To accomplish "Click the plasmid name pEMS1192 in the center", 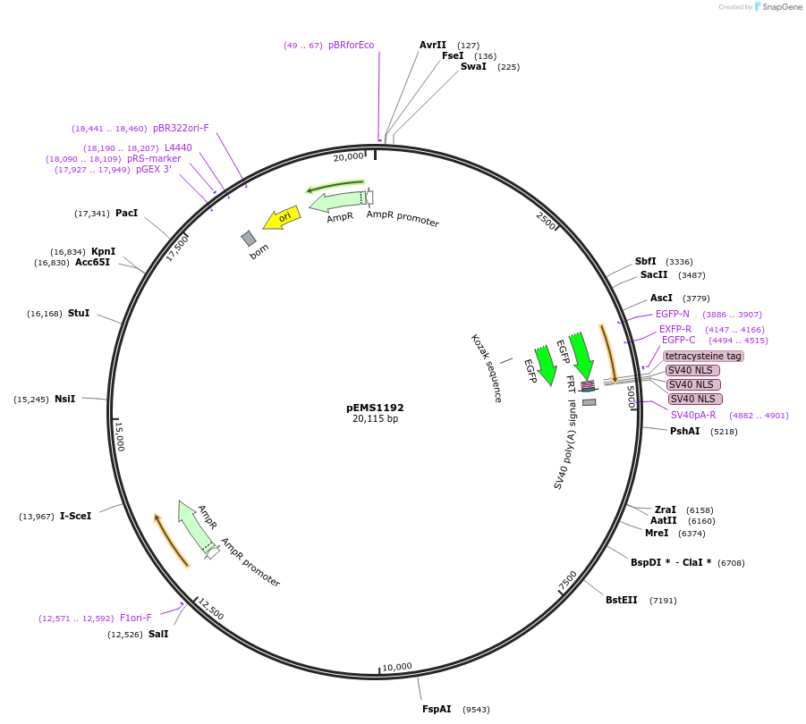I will point(375,407).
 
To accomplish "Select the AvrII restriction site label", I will point(432,45).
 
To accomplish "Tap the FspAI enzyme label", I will point(437,709).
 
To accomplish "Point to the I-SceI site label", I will point(75,516).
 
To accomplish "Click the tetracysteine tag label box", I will point(703,356).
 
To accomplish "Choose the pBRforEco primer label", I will point(351,45).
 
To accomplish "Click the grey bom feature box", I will point(249,239).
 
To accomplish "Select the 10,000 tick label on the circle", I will point(397,667).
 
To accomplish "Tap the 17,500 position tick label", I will point(177,248).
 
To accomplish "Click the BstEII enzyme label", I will point(621,600).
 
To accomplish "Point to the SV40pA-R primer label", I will point(693,415).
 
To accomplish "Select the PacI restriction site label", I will point(126,213).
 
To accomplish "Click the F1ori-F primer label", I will point(136,618).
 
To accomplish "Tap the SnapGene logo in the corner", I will point(778,7).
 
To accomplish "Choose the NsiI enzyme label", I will point(64,399).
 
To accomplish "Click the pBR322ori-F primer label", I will point(181,128).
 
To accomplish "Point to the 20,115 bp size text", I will point(375,418).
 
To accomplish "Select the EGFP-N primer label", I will point(672,314).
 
